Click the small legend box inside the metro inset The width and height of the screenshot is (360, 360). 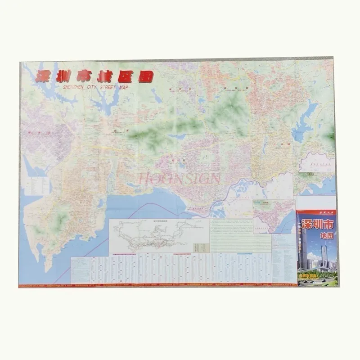[201, 247]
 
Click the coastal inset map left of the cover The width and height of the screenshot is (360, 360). [273, 216]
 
